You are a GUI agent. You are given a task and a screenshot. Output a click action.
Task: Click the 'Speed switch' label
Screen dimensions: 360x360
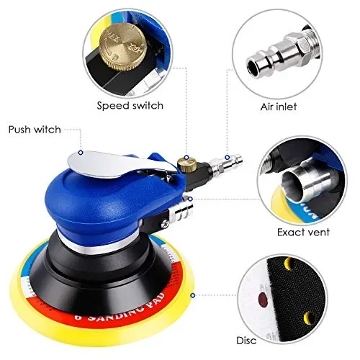click(130, 105)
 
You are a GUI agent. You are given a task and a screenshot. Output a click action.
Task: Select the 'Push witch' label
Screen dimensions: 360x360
click(35, 130)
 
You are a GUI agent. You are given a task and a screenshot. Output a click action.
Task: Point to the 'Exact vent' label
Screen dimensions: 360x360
click(303, 233)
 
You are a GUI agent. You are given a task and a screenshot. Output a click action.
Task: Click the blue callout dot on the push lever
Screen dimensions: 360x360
click(81, 153)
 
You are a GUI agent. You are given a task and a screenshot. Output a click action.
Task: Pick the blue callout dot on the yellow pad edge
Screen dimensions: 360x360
click(192, 294)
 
